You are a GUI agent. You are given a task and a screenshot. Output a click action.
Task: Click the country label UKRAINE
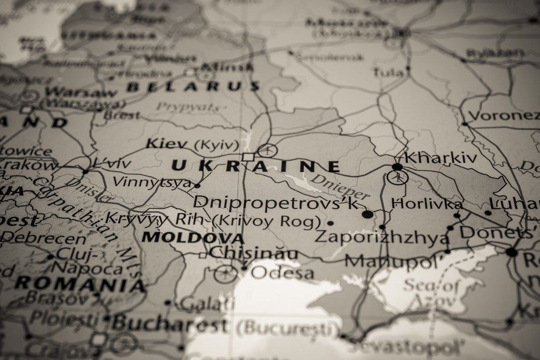point(256,166)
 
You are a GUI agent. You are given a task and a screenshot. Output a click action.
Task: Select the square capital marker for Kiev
point(248,157)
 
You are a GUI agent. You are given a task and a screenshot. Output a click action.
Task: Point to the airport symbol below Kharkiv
point(397,177)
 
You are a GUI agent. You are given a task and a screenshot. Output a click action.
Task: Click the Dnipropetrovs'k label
point(277,202)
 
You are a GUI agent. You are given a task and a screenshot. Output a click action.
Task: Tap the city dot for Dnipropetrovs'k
point(368,214)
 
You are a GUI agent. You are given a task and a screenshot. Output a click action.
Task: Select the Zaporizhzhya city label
point(382,237)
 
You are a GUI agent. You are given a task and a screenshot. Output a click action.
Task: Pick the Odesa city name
point(282,272)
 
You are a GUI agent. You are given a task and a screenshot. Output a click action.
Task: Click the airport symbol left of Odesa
point(225,273)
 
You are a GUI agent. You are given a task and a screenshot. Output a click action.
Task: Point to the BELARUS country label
point(193,86)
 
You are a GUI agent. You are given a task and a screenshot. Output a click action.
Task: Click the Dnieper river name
point(341,186)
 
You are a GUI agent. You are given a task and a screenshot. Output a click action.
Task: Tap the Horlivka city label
point(427,204)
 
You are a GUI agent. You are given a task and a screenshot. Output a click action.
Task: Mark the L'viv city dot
point(85,171)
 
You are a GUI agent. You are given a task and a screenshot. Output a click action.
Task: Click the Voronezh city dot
point(464,123)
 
